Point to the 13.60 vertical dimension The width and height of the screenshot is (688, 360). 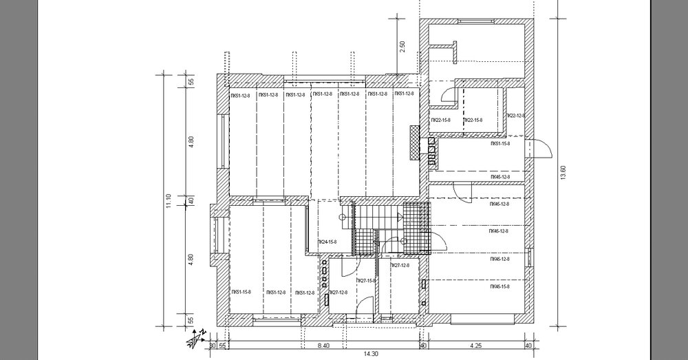[563, 171]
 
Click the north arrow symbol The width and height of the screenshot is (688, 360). [197, 337]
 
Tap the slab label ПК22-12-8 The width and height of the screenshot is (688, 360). [516, 115]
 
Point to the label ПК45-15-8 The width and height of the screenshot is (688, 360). [499, 286]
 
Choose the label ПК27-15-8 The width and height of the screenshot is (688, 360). [365, 281]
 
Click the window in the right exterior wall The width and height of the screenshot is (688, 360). [530, 257]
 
